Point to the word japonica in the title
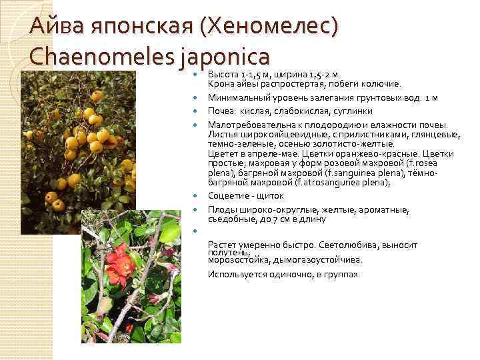point(222,57)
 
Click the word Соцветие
point(229,196)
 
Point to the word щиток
point(271,196)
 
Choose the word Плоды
point(221,209)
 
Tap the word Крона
point(220,84)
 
